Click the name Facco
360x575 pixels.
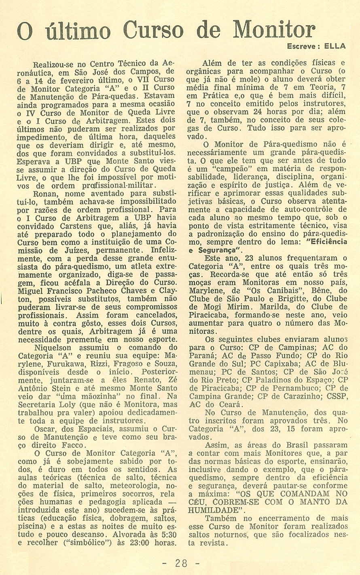pyautogui.click(x=74, y=444)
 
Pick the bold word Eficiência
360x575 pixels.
pyautogui.click(x=327, y=242)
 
